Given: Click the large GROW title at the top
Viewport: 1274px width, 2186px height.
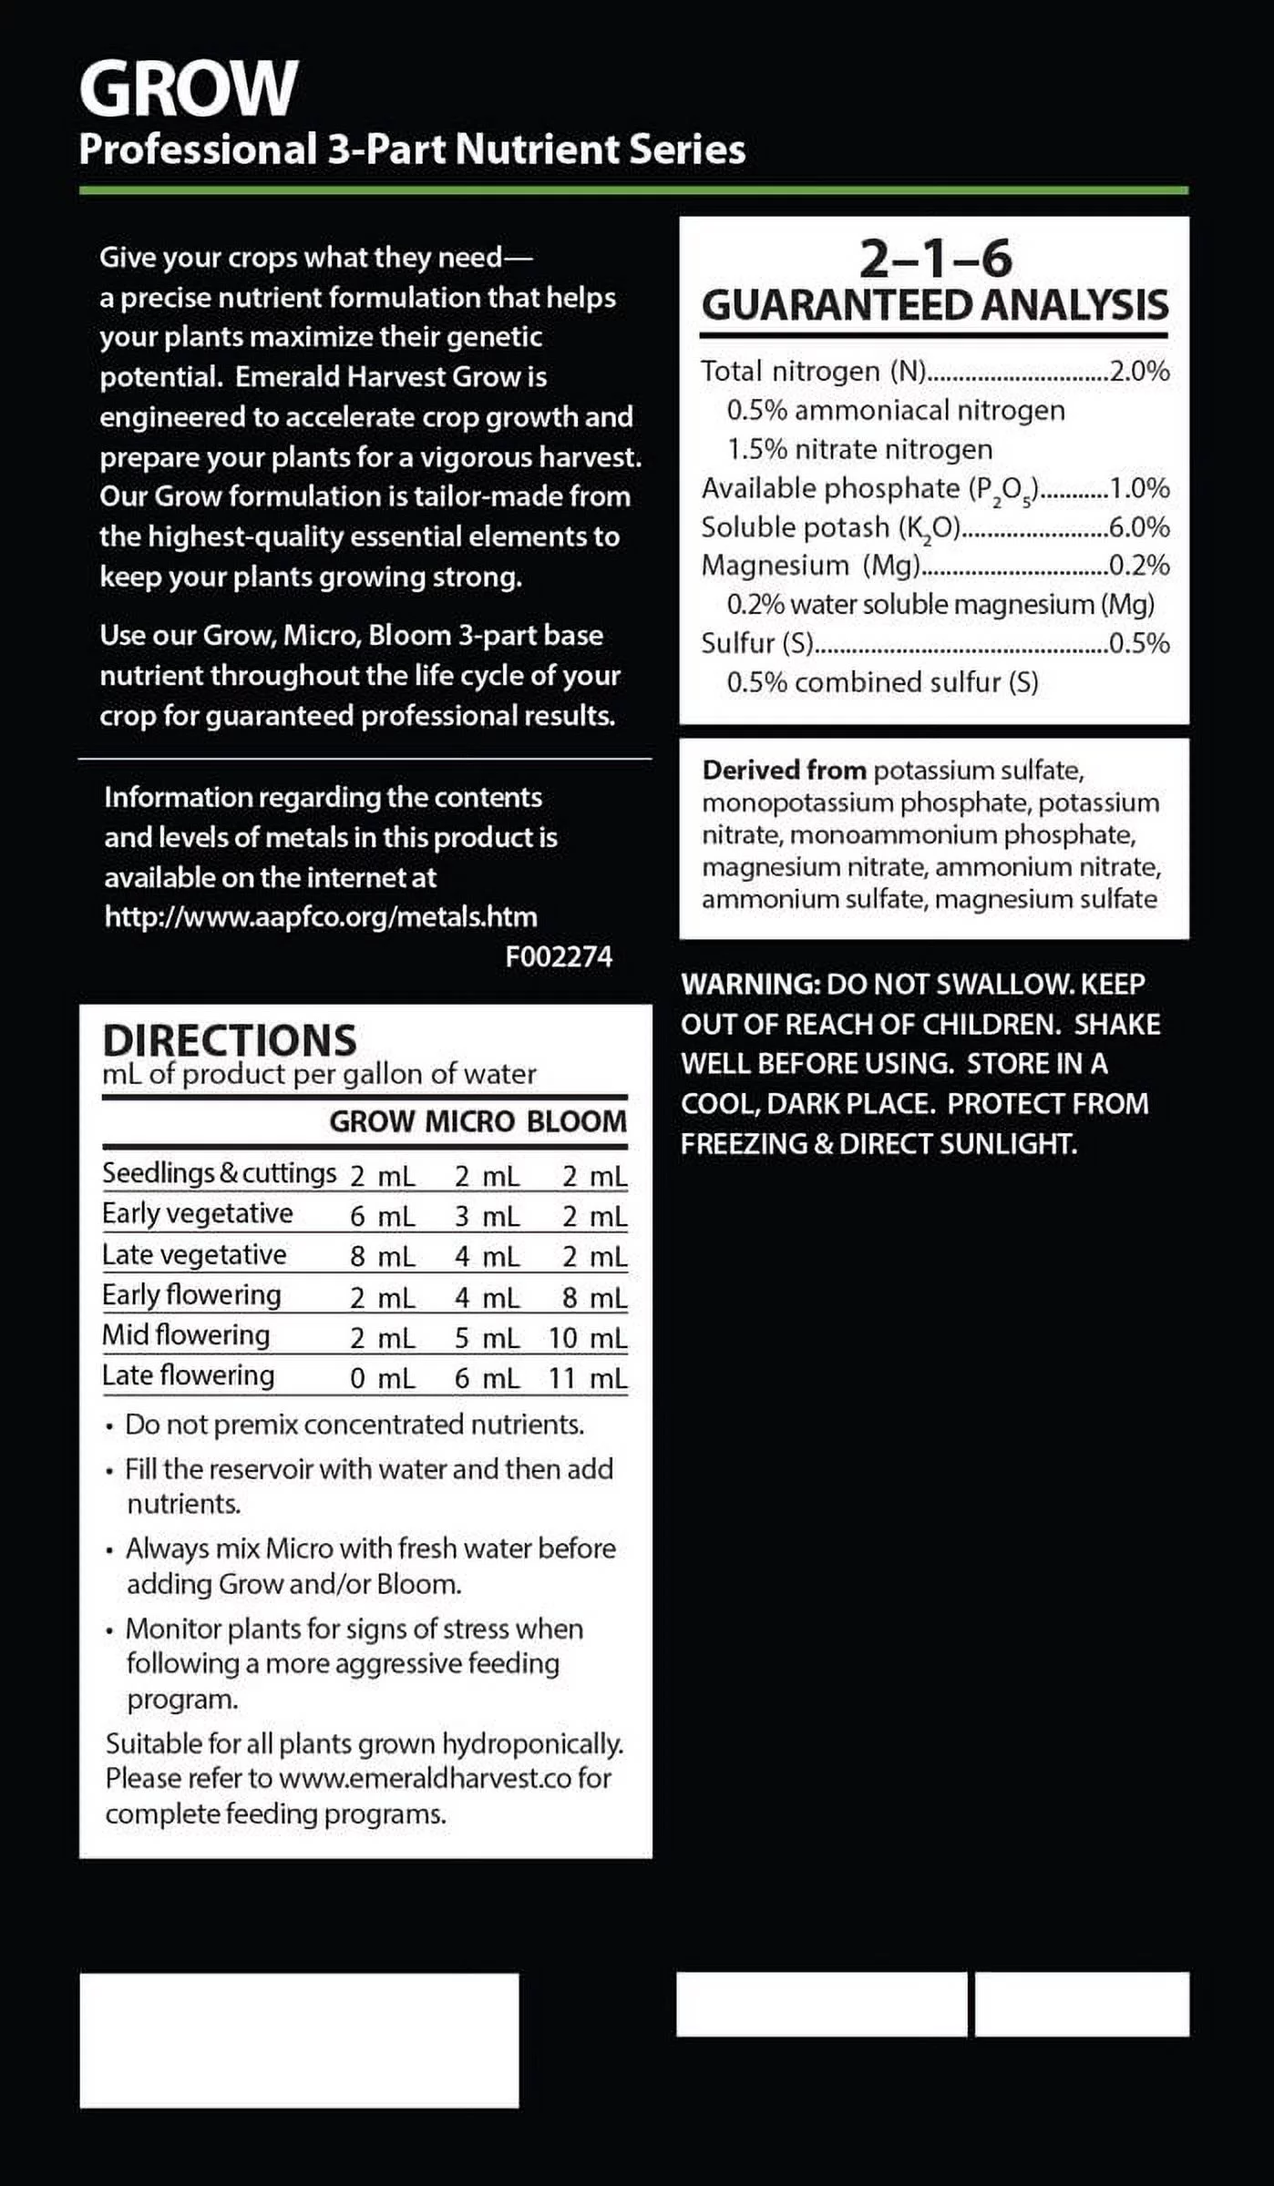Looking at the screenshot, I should coord(189,88).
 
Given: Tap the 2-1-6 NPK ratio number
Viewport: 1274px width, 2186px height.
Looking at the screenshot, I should coord(935,259).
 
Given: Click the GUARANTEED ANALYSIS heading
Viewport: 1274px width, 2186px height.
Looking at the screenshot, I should coord(935,305).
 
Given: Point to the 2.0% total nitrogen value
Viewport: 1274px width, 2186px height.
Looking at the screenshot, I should coord(1140,372).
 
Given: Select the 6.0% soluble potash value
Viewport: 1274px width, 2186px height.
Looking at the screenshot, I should coord(1140,527).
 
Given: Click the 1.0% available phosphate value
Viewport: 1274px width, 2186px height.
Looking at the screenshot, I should coord(1140,488).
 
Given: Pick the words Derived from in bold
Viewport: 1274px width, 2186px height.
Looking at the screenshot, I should coord(784,771).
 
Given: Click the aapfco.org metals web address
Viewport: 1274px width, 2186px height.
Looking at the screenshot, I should coord(321,916).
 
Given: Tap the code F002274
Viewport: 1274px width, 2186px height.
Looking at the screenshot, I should coord(559,956).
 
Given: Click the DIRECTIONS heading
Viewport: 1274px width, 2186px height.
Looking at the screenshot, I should coord(230,1040).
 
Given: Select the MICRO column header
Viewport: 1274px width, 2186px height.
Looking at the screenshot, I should coord(470,1121).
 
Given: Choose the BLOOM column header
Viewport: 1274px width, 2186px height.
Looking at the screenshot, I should coord(577,1121).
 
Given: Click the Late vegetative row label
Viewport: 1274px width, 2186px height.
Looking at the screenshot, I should coord(194,1255).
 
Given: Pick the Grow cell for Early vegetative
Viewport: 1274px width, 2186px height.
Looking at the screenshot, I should coord(383,1217).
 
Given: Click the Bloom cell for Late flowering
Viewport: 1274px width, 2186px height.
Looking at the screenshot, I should coord(588,1378).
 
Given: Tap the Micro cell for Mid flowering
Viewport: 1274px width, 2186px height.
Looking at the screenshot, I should coord(488,1338).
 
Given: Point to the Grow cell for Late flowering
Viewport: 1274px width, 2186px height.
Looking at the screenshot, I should coord(383,1378).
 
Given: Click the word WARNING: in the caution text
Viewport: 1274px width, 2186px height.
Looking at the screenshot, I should coord(751,985).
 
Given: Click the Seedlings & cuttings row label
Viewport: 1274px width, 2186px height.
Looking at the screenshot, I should coord(219,1173).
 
